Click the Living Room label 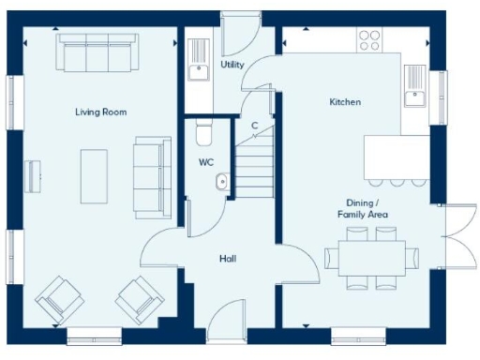[101, 112]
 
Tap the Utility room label [232, 66]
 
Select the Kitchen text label [344, 102]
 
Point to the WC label [206, 162]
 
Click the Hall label [228, 258]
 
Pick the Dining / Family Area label [363, 209]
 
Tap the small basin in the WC [221, 182]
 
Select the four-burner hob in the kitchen [369, 39]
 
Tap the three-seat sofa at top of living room [97, 54]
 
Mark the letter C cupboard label [254, 126]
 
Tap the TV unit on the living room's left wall [35, 174]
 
